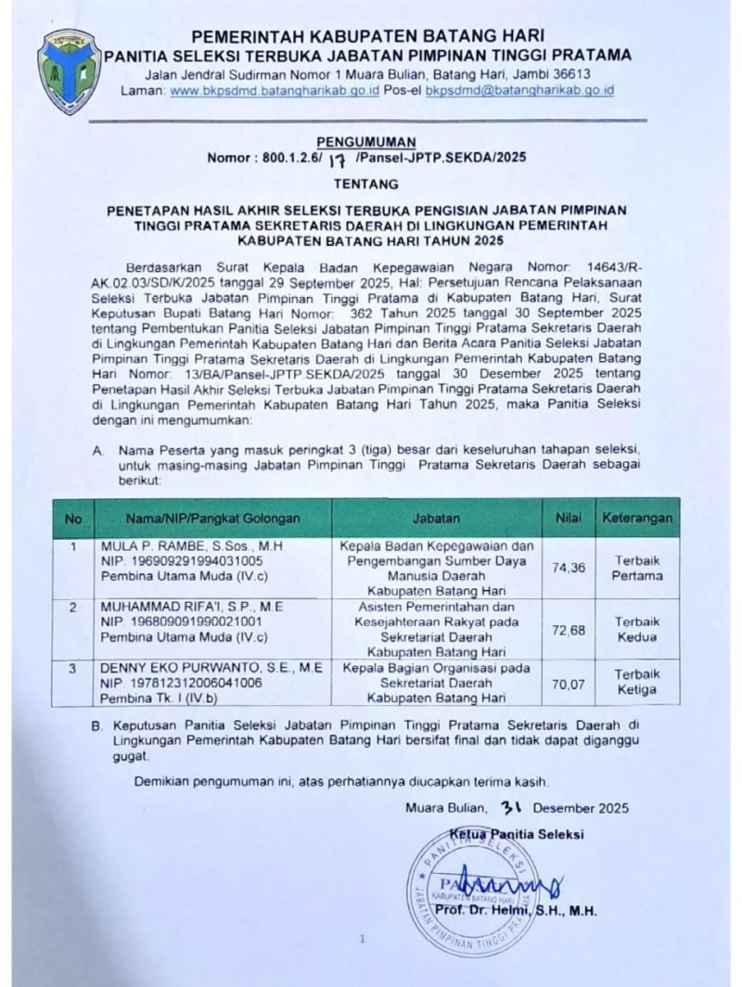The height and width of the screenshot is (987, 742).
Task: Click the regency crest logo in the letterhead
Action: point(68,71)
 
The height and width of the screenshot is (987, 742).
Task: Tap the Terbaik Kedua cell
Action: point(635,629)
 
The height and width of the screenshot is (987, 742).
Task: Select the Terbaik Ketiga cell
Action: point(635,682)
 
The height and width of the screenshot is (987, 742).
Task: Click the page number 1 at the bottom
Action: point(361,940)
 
